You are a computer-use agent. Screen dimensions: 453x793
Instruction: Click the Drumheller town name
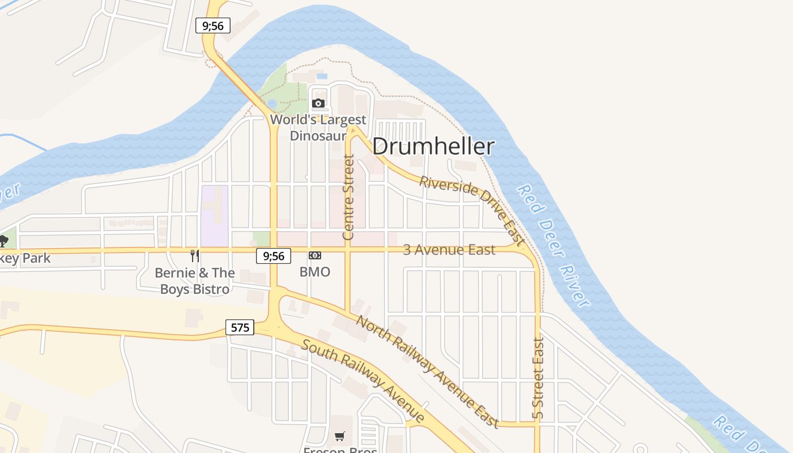[433, 147]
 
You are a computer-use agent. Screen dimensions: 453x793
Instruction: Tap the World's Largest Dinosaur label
[318, 128]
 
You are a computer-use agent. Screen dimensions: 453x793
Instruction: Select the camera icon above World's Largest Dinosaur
[318, 103]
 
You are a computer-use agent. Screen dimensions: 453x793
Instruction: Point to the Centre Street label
[348, 197]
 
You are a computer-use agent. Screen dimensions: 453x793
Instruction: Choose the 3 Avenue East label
[449, 250]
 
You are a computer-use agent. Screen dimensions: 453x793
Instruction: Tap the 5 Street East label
[538, 378]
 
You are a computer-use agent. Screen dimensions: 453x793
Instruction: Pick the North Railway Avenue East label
[428, 371]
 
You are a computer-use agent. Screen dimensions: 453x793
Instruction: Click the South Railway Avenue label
[363, 381]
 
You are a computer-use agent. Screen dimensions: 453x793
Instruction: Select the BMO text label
[315, 272]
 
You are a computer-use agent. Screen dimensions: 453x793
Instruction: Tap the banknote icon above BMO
[315, 256]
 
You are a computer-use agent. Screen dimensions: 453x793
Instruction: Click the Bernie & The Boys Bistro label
[195, 281]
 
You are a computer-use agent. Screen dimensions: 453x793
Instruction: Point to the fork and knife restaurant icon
[195, 256]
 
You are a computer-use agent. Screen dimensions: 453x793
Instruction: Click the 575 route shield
[240, 327]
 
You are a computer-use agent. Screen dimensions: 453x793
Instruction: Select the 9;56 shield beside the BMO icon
[274, 256]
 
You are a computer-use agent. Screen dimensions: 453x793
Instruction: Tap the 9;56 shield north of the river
[213, 25]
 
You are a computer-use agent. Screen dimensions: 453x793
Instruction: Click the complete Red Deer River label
[554, 245]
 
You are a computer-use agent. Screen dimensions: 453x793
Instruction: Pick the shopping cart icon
[339, 436]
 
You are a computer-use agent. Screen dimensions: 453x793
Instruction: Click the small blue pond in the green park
[272, 104]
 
